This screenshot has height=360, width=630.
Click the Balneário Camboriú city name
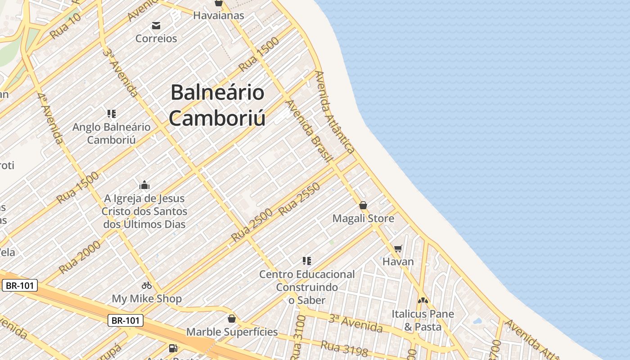(x=217, y=105)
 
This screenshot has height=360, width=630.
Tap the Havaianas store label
(x=219, y=15)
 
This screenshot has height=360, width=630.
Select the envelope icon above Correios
(x=156, y=26)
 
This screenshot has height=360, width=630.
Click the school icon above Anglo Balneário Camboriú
(x=112, y=114)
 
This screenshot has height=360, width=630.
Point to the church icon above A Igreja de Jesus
(x=144, y=185)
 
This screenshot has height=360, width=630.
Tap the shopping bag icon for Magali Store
(x=363, y=206)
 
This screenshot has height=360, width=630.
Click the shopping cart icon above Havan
(x=398, y=248)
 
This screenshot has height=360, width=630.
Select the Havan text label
(x=398, y=261)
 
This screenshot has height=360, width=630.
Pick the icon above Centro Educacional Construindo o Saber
(x=307, y=261)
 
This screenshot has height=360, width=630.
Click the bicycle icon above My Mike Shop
(x=147, y=285)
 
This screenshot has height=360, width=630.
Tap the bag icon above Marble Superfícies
(x=232, y=319)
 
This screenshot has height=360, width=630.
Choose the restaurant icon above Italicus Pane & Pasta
(x=423, y=301)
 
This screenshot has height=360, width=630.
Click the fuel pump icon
(x=173, y=348)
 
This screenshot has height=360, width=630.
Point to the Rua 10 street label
(x=66, y=26)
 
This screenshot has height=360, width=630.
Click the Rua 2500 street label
(x=252, y=225)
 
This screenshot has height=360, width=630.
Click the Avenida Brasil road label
(x=309, y=130)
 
